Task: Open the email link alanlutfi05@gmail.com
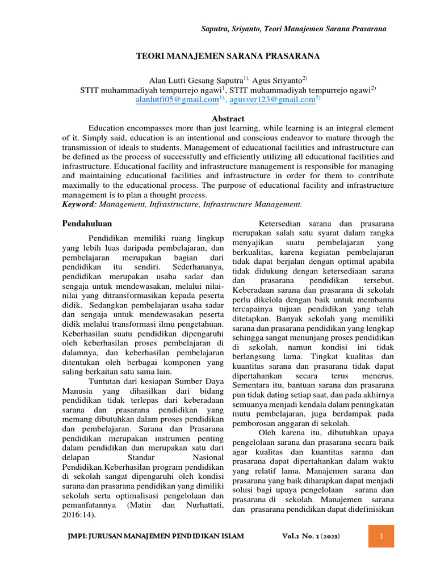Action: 177,99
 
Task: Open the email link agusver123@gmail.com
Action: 276,99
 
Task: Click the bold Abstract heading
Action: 228,119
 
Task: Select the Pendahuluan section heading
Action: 87,223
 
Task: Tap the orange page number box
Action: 381,536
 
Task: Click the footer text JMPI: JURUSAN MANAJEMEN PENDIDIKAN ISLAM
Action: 156,536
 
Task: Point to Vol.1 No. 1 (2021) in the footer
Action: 311,536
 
